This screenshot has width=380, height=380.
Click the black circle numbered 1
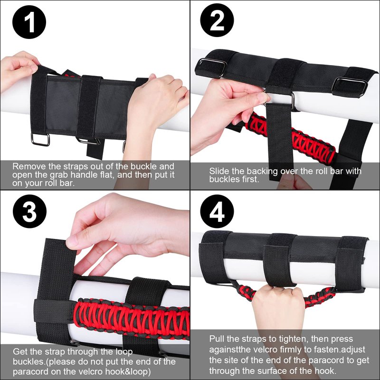[29, 22]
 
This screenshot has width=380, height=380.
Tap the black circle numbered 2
[217, 20]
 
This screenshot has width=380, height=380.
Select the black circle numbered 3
[29, 211]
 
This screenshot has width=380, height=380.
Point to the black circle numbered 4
[217, 211]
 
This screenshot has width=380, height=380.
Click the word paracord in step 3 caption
[28, 371]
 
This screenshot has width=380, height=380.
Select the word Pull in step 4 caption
[217, 339]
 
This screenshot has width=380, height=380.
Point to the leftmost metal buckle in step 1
[40, 140]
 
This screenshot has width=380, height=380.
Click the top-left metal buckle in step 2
[210, 68]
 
